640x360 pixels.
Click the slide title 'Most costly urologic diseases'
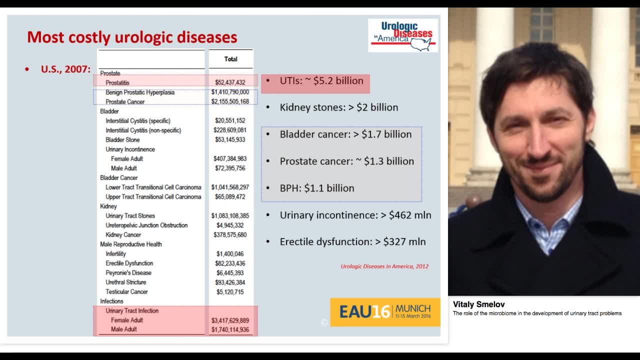[132, 37]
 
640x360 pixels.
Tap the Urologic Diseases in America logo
[403, 35]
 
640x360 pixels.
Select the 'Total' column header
[230, 59]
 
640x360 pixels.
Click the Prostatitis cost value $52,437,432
[230, 82]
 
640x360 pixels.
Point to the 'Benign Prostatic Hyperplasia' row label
[140, 92]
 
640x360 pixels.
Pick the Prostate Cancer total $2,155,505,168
[230, 102]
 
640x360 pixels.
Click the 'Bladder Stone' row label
[122, 140]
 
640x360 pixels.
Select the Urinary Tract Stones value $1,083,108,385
[230, 216]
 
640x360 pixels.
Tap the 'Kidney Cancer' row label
[123, 235]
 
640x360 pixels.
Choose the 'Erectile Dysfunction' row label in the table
[129, 263]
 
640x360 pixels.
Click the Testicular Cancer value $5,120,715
[230, 292]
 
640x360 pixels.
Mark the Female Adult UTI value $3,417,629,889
[230, 320]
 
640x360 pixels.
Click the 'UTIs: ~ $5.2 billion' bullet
[321, 81]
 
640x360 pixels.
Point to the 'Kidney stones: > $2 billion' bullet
[338, 107]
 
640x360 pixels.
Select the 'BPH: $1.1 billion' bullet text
[316, 188]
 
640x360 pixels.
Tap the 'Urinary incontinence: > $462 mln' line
[355, 215]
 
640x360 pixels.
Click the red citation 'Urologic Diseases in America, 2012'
[384, 266]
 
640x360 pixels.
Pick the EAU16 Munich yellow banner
[385, 312]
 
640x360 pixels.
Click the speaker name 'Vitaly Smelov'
[478, 304]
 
